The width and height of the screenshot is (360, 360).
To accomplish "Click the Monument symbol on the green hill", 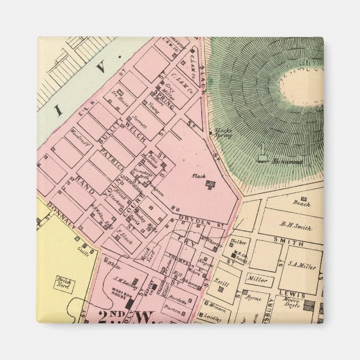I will point(262,155).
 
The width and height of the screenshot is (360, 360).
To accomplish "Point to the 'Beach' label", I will point(301,204).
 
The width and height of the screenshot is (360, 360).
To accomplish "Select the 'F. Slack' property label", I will point(124,235).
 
